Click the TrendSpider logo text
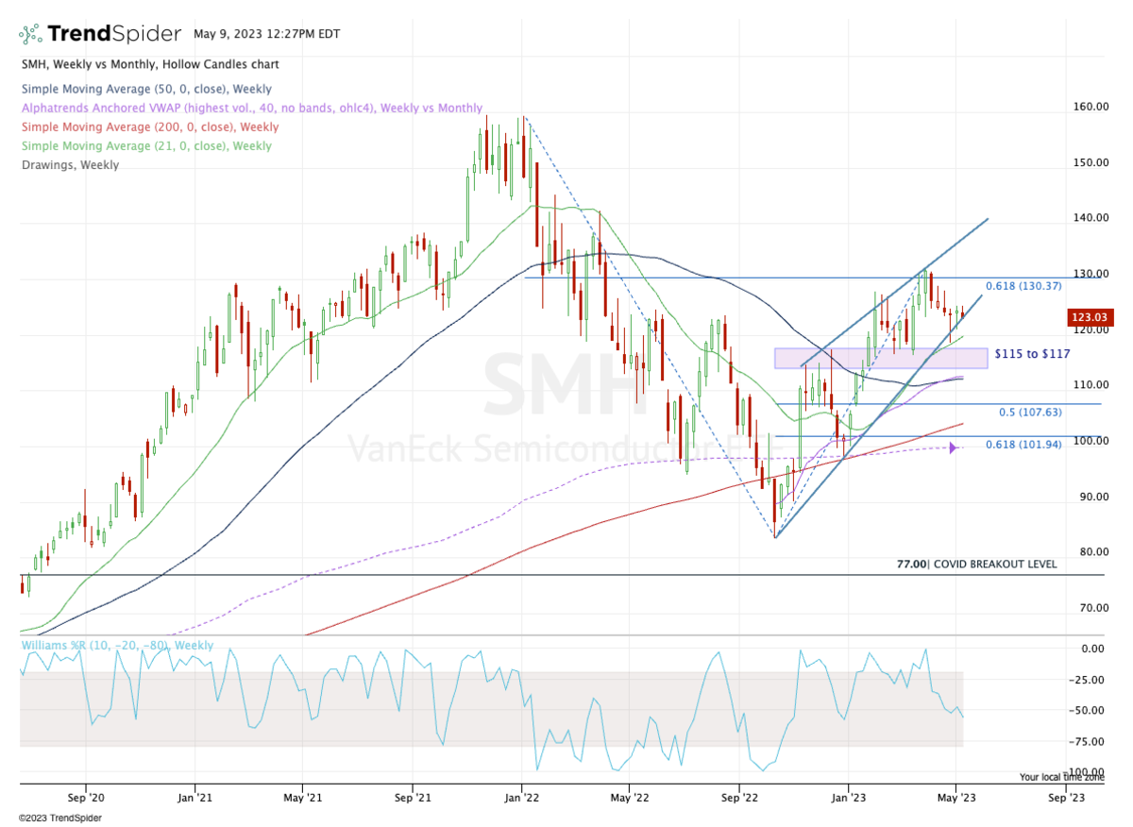(x=113, y=34)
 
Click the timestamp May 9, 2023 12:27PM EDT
(x=266, y=33)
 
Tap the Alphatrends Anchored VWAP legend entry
(x=250, y=109)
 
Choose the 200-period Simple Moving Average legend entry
(x=148, y=127)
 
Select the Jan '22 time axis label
(x=522, y=796)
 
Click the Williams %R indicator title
(x=115, y=646)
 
